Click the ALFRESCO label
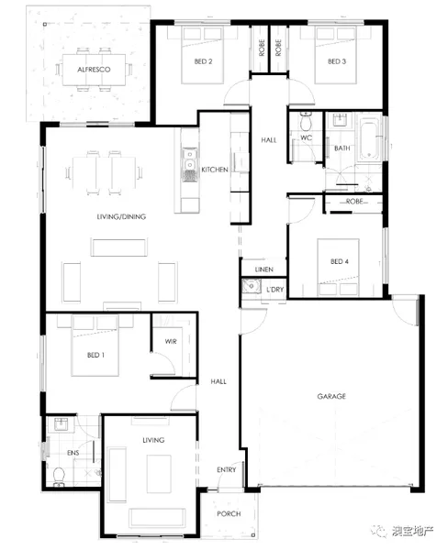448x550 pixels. coord(94,70)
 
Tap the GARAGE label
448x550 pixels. coord(331,396)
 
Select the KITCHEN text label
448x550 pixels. coord(215,170)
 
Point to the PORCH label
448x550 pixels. coord(229,514)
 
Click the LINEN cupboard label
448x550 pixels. coord(263,269)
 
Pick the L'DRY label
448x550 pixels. coord(274,290)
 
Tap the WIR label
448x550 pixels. coord(171,341)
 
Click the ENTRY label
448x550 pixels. coord(226,469)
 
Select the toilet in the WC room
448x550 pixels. coord(306,120)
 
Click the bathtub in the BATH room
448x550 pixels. coord(369,139)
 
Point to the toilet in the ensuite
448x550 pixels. coord(59,477)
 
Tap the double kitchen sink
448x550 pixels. coord(190,164)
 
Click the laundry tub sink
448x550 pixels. coord(252,286)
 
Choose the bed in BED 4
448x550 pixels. coord(338,268)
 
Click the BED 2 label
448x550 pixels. coord(203,61)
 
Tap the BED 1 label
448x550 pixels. coord(95,356)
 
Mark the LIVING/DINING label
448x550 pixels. coord(121,216)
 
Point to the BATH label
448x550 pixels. coord(342,148)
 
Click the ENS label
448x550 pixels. coord(73,453)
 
